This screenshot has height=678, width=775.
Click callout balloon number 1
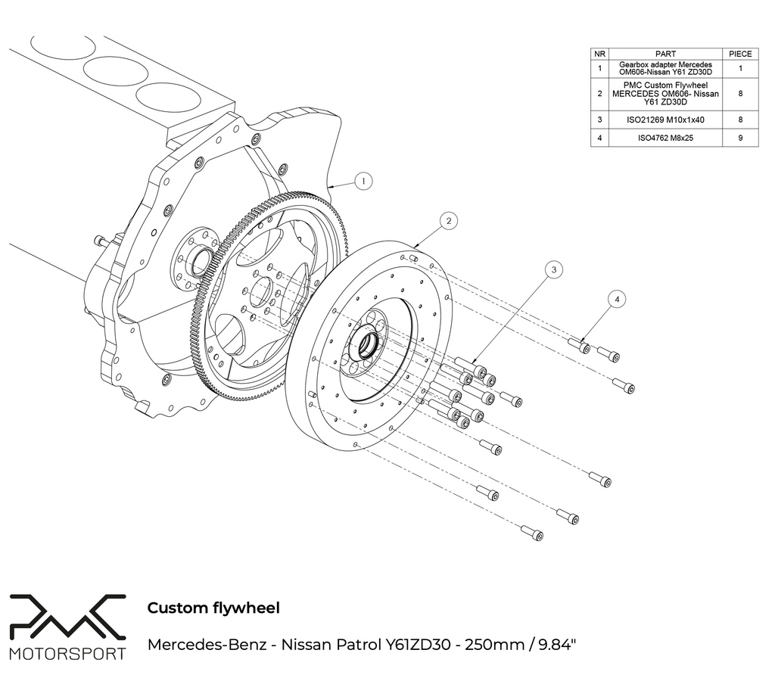click(x=363, y=182)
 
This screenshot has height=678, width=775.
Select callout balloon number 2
click(x=449, y=221)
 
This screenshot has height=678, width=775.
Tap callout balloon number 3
click(x=554, y=269)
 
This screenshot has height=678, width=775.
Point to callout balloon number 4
click(x=618, y=300)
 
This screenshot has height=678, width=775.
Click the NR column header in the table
click(x=599, y=54)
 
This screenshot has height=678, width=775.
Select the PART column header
click(x=665, y=54)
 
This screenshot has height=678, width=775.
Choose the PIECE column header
click(x=739, y=54)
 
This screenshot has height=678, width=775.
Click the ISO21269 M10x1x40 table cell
click(x=665, y=120)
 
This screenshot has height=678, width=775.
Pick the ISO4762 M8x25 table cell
click(x=665, y=138)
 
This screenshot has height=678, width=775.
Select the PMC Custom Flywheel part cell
click(x=665, y=94)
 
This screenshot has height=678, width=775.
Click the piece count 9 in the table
click(x=739, y=138)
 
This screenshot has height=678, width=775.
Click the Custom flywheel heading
click(x=213, y=608)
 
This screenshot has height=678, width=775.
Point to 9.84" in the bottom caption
click(x=556, y=645)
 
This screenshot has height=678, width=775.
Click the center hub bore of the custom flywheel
click(x=369, y=344)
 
